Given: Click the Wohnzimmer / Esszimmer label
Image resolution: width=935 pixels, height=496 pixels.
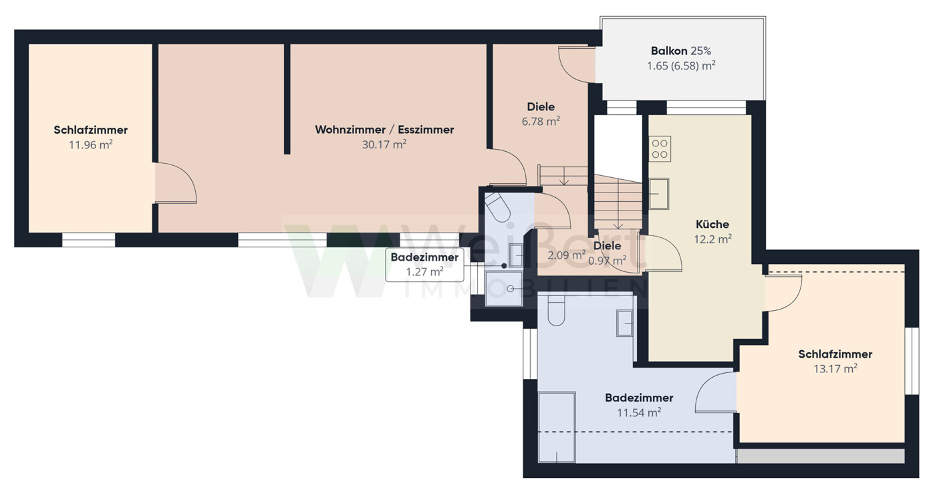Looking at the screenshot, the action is pos(384,130).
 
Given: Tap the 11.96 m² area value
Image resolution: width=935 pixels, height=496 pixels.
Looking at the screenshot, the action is pos(91,145).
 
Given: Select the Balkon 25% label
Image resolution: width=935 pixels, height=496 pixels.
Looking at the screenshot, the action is pos(681,51).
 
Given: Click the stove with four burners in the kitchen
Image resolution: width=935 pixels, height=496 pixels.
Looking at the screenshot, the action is pos(660,149).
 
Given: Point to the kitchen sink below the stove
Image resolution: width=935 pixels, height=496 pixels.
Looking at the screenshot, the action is pos(659,194).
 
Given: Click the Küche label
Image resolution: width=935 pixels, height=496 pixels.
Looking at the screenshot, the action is pos(712,224).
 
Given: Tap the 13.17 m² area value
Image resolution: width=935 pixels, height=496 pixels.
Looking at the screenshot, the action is pos(835,369).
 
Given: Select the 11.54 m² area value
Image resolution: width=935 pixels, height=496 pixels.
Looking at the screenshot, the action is pos(639,412).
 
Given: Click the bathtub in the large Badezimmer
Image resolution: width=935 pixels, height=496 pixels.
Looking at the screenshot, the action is pos(557,427).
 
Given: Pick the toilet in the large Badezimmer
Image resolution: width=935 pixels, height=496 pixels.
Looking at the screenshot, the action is pos(557,312).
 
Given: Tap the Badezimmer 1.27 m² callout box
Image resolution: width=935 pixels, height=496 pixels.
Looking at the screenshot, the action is pos(424,265).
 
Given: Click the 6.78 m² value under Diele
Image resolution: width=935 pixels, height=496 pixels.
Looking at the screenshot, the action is pos(541,121).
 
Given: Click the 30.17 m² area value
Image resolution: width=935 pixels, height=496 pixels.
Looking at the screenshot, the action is pos(384,144).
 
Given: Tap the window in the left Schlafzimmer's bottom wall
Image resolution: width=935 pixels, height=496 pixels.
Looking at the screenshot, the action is pos(88,240).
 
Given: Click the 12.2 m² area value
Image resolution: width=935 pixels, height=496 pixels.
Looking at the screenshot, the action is pos(712,239).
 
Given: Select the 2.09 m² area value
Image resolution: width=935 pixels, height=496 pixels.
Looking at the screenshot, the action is pos(567,255).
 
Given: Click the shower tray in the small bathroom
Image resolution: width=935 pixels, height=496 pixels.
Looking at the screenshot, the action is pos(504,289).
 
